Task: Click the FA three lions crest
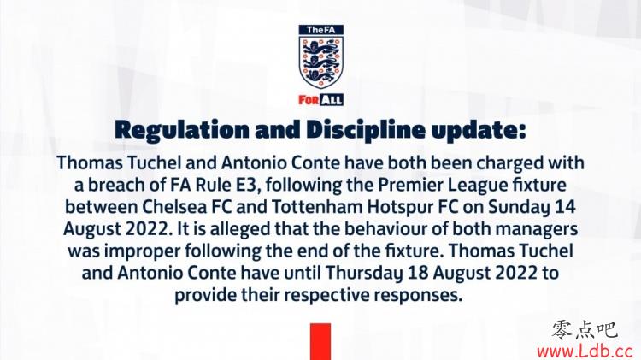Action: (x=320, y=62)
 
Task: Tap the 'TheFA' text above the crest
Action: (x=320, y=30)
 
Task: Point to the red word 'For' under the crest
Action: (x=309, y=100)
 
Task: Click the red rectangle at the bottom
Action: (x=320, y=341)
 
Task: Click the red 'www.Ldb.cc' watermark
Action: (x=585, y=351)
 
